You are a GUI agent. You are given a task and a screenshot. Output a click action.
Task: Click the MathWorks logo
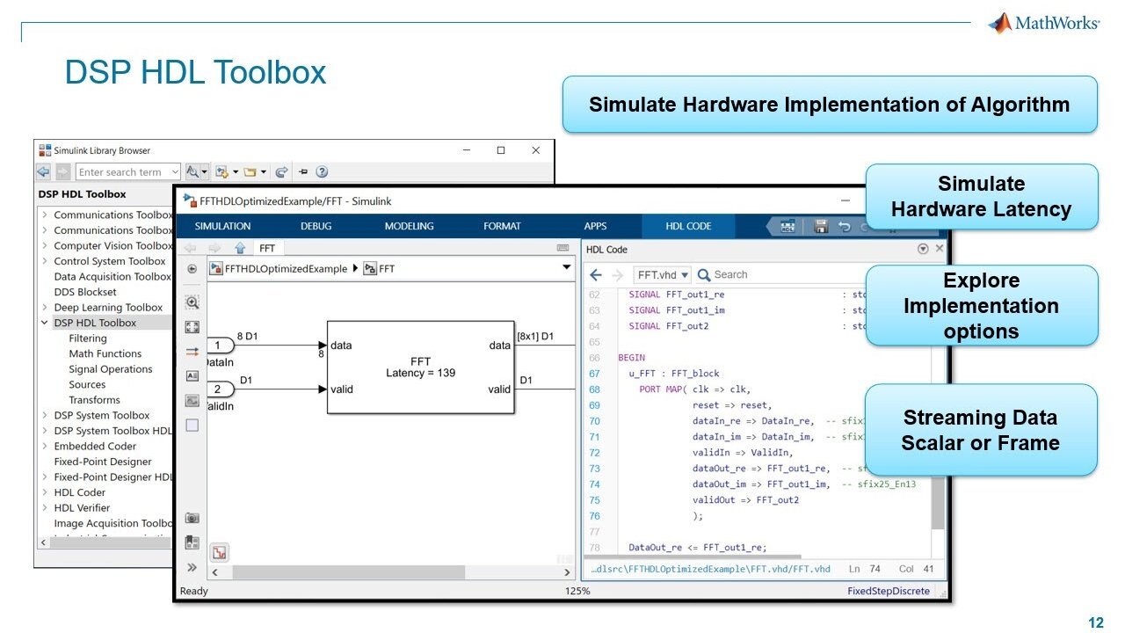(1043, 23)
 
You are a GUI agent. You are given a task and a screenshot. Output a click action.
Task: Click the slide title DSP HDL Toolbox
(195, 72)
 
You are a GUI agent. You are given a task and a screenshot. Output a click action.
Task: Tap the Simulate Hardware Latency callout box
(981, 197)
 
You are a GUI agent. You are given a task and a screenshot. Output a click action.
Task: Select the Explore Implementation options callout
(981, 306)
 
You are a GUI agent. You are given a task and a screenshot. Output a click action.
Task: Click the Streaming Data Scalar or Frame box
(981, 430)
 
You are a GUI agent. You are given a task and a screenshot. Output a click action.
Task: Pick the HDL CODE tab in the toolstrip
(688, 226)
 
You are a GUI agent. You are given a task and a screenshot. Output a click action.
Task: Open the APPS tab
(595, 226)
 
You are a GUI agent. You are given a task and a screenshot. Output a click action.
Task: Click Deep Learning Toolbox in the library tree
(108, 308)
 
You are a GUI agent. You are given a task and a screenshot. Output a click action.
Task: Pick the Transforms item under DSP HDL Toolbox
(95, 400)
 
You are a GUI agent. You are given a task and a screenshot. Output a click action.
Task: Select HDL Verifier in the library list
(82, 508)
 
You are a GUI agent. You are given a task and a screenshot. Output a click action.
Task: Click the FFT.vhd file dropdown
(662, 275)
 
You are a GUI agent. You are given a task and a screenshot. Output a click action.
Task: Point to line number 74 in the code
(594, 484)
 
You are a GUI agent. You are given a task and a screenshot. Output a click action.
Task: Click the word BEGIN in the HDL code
(631, 358)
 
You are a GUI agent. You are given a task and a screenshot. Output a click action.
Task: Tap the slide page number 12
(1095, 623)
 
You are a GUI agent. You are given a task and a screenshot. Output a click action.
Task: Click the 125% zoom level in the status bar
(577, 591)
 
